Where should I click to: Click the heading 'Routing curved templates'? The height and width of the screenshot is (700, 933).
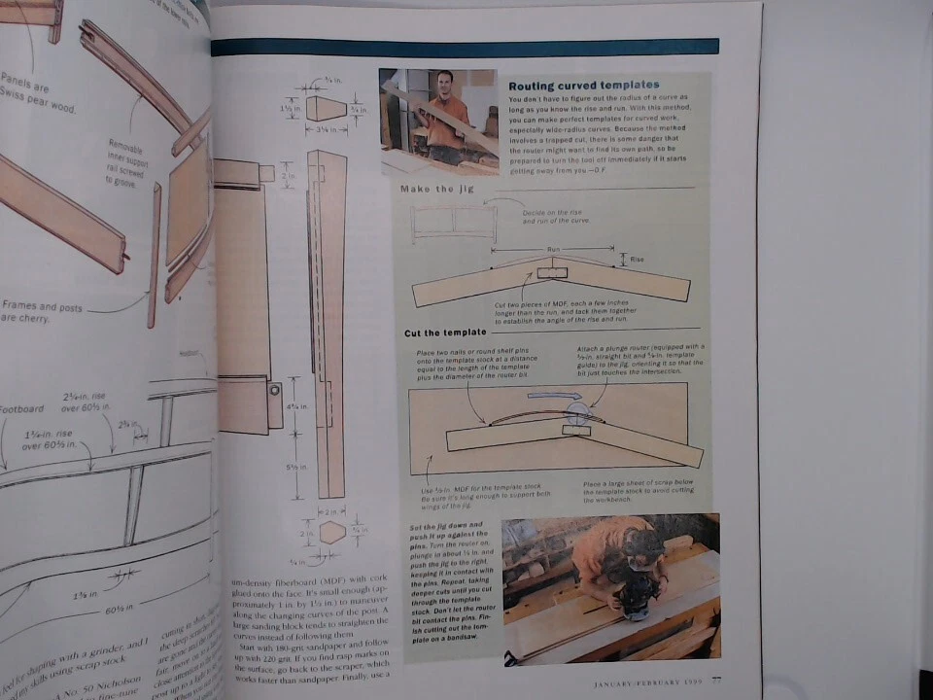tap(584, 86)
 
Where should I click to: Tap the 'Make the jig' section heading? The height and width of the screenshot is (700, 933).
tap(437, 189)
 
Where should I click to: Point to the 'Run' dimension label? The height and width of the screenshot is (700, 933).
tap(554, 250)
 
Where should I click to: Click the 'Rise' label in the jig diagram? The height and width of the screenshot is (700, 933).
tap(638, 260)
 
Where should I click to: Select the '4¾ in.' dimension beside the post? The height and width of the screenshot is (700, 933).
tap(292, 406)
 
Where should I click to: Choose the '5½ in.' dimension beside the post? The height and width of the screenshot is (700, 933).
tap(292, 468)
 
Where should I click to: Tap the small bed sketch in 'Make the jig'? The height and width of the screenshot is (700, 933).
tap(453, 222)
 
